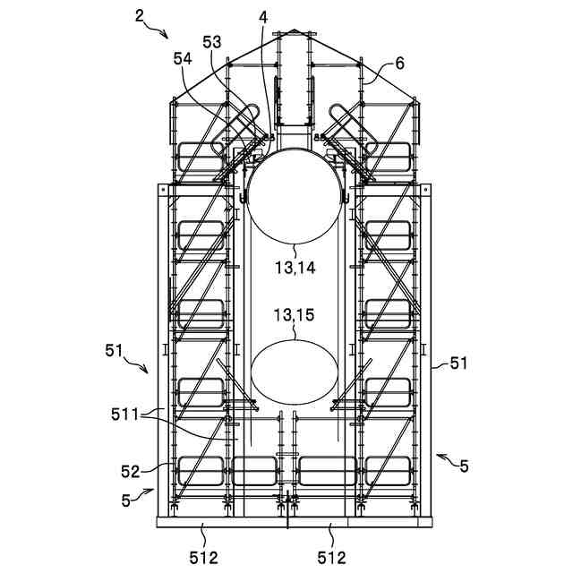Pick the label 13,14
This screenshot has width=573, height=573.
click(x=295, y=268)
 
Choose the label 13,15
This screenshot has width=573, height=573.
click(x=295, y=315)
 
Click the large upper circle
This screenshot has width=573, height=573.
click(x=295, y=195)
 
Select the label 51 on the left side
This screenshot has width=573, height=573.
click(x=114, y=350)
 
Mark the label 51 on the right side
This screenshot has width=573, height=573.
click(x=458, y=363)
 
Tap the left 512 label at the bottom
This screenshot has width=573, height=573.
click(x=204, y=559)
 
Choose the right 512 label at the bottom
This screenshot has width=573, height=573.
click(x=331, y=559)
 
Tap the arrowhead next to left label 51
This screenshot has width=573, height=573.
click(x=147, y=369)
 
